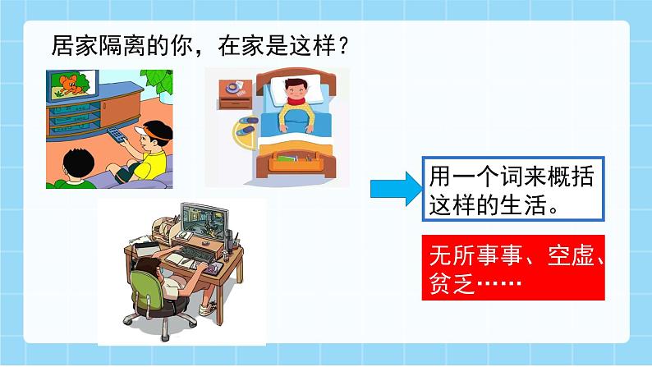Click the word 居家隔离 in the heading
(x=99, y=45)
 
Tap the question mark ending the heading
(x=343, y=45)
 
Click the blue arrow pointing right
(x=396, y=189)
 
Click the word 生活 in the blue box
(x=523, y=205)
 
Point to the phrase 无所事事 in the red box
(x=476, y=255)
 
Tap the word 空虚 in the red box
(x=571, y=255)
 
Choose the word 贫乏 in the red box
(x=452, y=283)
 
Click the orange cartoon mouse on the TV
(x=70, y=85)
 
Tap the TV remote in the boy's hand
(x=117, y=135)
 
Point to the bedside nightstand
(x=235, y=94)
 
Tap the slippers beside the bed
(x=246, y=126)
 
